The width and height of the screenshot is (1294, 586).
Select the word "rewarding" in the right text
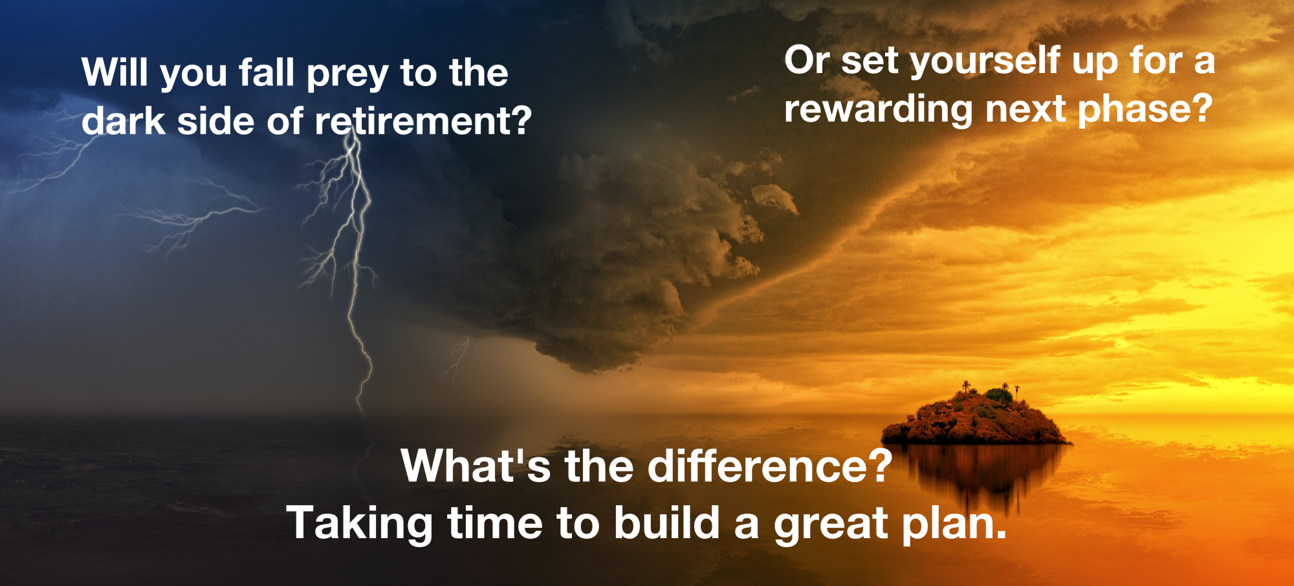tap(878, 109)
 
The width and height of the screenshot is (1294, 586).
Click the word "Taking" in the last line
tap(360, 524)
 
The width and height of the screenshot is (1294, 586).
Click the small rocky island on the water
tap(976, 417)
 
